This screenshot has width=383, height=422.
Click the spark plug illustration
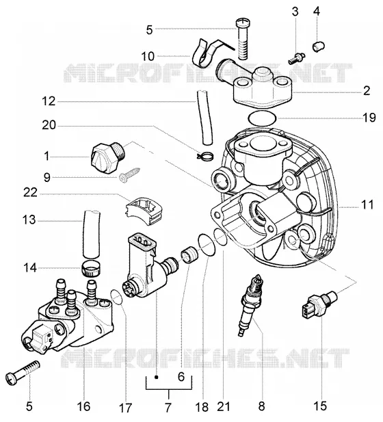tap(250, 304)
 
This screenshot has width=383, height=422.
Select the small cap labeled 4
tap(319, 46)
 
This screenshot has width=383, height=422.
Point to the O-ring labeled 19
tap(262, 118)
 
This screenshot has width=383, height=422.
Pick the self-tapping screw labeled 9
tap(129, 174)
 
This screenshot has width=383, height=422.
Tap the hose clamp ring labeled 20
tap(205, 155)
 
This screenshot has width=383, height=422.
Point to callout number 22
tap(30, 193)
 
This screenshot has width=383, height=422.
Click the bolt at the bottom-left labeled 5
tap(23, 373)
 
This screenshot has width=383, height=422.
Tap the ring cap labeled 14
tap(90, 268)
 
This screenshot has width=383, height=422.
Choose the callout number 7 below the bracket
tap(168, 408)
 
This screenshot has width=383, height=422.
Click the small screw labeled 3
tap(296, 58)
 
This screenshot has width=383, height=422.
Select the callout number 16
tap(83, 406)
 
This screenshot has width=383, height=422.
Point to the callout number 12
tap(49, 101)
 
